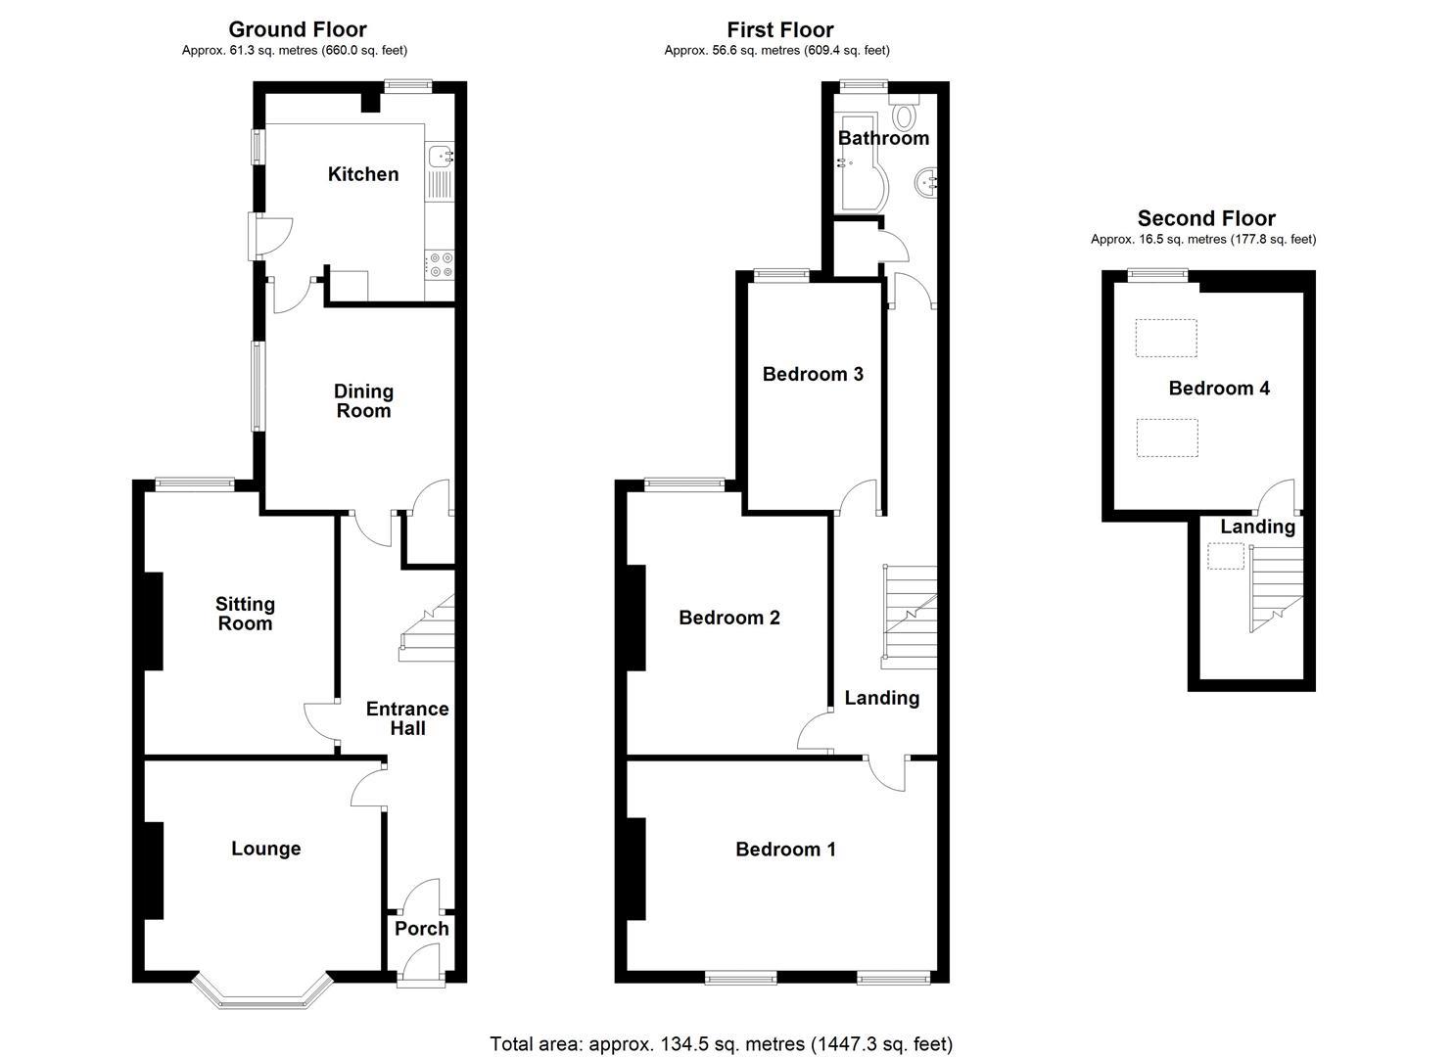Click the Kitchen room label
point(363,174)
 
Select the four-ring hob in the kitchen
point(441,265)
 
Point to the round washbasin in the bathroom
point(926,182)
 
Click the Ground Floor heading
point(298,29)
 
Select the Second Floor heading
point(1206,218)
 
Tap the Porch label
point(421,929)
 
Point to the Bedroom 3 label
point(813,374)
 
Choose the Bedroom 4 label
point(1219,388)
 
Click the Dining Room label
point(363,401)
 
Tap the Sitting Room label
point(245,614)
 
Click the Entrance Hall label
point(407,718)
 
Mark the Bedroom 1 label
point(785,850)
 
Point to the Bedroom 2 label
point(728,617)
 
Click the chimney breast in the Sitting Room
point(153,620)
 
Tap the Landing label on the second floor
point(1257,527)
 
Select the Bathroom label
point(883,138)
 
